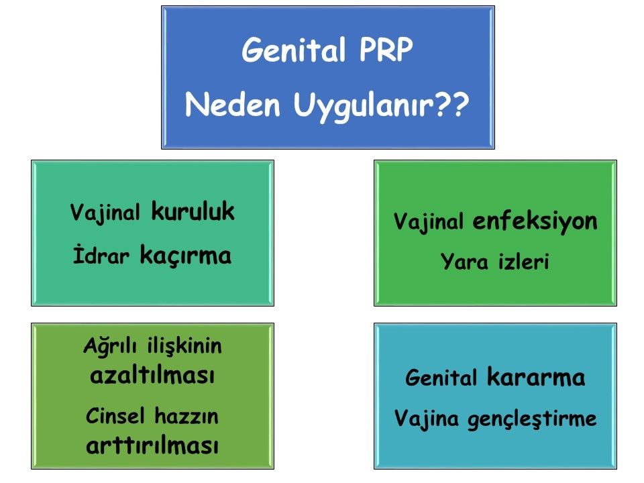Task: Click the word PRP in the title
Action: (386, 50)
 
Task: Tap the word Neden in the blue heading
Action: (233, 105)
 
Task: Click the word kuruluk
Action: (193, 211)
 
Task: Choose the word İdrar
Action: (101, 255)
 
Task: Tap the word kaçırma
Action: (186, 256)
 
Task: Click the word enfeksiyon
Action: (535, 222)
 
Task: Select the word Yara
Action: (464, 262)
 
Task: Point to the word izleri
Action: (524, 261)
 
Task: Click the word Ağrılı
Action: (109, 346)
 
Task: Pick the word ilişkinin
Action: (184, 346)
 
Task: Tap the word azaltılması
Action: (152, 374)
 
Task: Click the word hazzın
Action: (186, 416)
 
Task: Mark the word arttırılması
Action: (152, 445)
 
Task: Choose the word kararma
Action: (536, 377)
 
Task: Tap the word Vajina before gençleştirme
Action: (427, 419)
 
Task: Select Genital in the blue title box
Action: (294, 50)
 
